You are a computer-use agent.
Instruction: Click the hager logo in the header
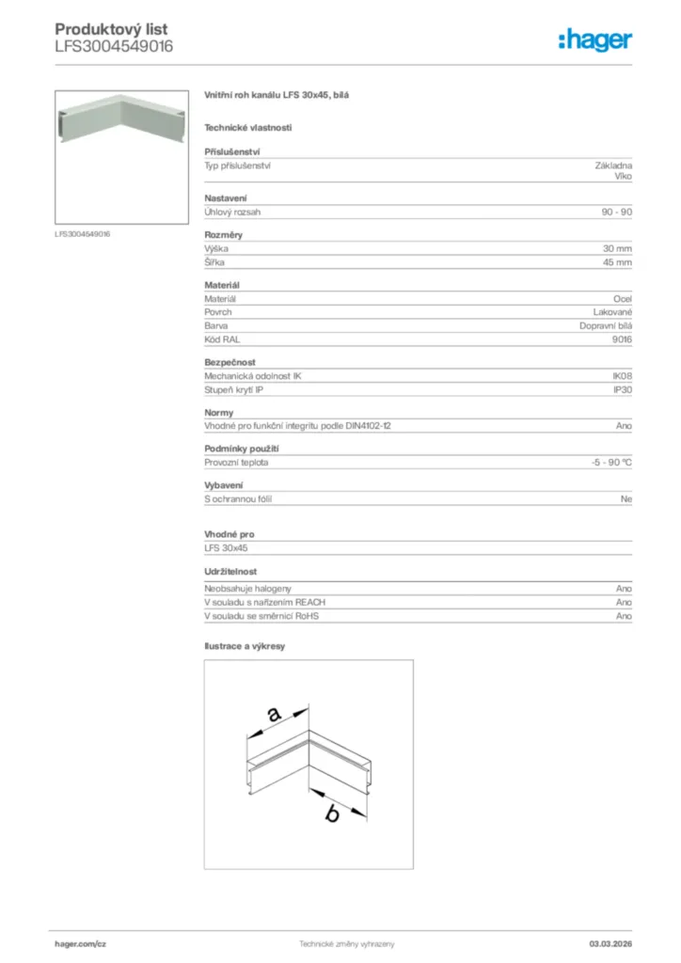pos(594,39)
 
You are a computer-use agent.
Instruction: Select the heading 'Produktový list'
pos(111,30)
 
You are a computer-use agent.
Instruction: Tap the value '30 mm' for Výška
pos(617,248)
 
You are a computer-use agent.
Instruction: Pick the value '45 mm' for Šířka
pos(617,262)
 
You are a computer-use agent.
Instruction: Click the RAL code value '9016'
pos(622,339)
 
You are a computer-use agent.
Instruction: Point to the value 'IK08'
pos(622,375)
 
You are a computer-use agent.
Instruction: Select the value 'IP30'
pos(622,389)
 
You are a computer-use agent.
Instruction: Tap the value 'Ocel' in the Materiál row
pos(623,298)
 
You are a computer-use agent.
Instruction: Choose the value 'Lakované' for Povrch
pos(612,311)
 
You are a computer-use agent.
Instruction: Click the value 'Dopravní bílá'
pos(606,325)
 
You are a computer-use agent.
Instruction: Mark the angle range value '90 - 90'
pos(617,213)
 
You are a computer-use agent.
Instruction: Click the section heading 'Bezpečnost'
pos(230,362)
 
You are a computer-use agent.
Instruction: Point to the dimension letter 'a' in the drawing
pos(274,715)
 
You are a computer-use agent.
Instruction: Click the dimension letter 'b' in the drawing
pos(331,814)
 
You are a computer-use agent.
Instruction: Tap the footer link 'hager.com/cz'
pos(81,943)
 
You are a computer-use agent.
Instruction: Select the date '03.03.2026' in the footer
pos(610,943)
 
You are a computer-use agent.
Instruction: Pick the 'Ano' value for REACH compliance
pos(624,602)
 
